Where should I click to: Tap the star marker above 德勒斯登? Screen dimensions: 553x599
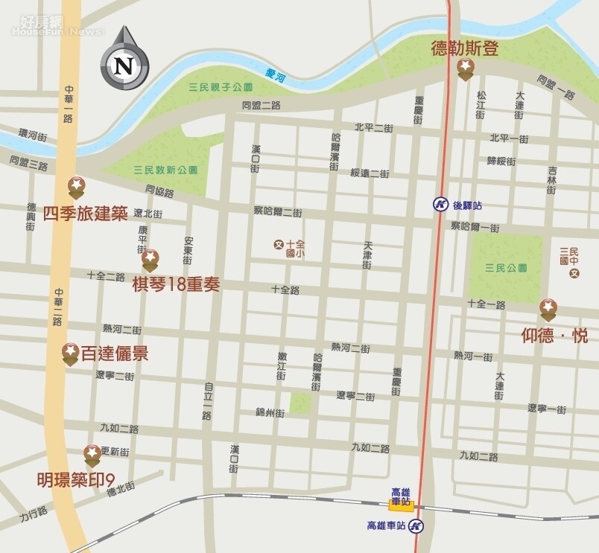(465, 70)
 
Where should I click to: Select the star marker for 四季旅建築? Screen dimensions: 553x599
(76, 186)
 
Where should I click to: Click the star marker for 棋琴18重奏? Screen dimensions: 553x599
(150, 259)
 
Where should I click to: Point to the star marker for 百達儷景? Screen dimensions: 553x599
(70, 353)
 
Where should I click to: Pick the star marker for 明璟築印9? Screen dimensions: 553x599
(92, 453)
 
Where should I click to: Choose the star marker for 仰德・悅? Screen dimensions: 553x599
(548, 308)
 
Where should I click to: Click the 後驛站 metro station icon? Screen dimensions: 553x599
(440, 204)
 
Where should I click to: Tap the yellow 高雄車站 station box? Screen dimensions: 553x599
(401, 505)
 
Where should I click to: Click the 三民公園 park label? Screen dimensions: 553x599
(505, 267)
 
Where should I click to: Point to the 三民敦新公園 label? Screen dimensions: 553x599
(165, 170)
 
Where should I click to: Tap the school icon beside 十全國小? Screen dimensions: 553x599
(279, 243)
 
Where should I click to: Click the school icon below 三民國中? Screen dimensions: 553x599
(574, 274)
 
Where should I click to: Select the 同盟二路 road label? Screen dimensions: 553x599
(261, 106)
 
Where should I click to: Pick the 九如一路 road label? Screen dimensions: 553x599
(478, 455)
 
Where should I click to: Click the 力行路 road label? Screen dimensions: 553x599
(33, 513)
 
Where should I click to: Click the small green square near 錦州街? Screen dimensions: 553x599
(300, 403)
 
